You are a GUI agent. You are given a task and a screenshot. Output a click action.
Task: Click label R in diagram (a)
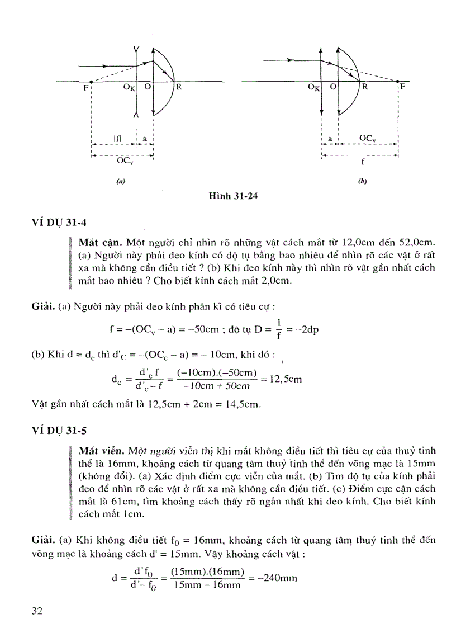tap(179, 88)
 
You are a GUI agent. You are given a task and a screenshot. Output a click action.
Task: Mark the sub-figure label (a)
tap(120, 181)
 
